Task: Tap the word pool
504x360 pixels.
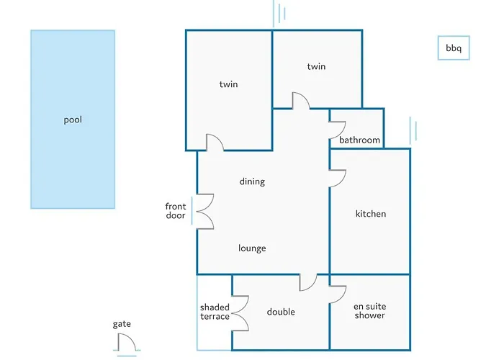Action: click(73, 120)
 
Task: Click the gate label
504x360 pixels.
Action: click(122, 324)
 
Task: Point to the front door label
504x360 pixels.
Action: click(176, 210)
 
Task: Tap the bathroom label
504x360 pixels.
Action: click(360, 140)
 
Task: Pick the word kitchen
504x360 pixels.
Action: click(371, 214)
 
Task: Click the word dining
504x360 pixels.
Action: click(252, 181)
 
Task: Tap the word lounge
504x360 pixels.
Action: click(252, 248)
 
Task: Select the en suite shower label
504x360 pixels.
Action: click(369, 311)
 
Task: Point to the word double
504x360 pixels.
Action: click(281, 312)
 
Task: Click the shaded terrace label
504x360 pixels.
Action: click(215, 312)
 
